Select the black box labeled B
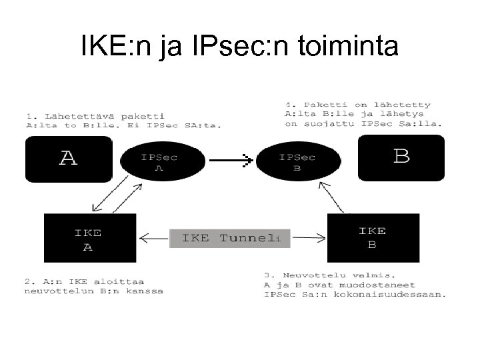401,157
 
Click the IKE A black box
89,239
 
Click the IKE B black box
373,237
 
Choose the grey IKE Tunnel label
230,238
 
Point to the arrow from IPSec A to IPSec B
229,159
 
